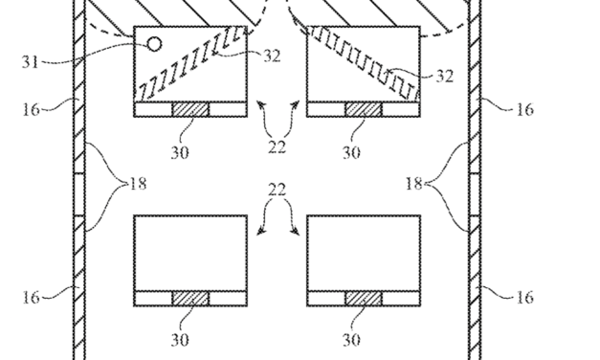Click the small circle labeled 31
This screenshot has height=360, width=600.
click(153, 43)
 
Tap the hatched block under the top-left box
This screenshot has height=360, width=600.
click(189, 110)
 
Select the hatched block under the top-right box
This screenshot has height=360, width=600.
click(363, 110)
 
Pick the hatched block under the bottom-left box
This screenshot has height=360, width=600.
click(189, 299)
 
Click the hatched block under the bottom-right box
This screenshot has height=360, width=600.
click(363, 299)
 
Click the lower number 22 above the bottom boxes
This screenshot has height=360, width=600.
click(276, 190)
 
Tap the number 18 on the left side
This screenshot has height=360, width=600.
click(137, 183)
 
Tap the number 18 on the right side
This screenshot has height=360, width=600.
click(414, 183)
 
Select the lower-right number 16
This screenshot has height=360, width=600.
click(524, 298)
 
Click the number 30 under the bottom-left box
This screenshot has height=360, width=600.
click(179, 340)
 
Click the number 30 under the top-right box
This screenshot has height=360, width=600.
click(352, 151)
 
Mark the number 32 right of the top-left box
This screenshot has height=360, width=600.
click(271, 56)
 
